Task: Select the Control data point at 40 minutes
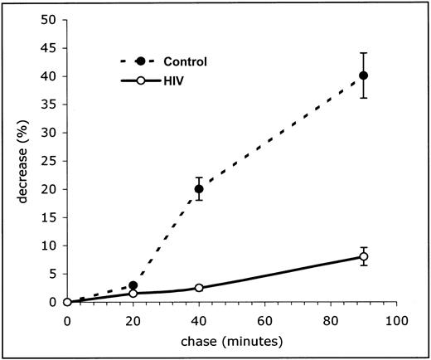[198, 189]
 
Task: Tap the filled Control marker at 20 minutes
[133, 285]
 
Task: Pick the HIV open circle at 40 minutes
[198, 288]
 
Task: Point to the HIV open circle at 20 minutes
[133, 294]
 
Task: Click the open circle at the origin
[67, 302]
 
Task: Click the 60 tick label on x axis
[264, 319]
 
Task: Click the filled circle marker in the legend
[140, 61]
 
